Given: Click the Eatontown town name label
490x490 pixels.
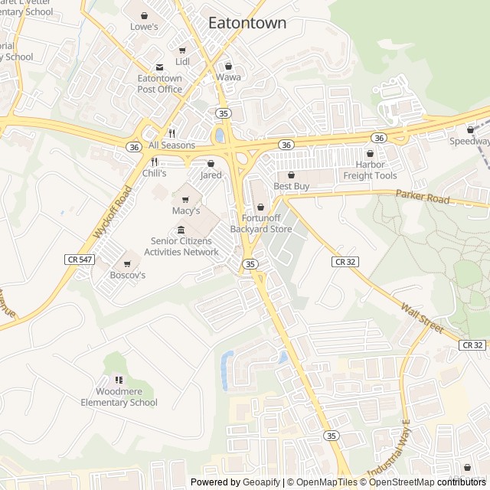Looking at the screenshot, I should [247, 23].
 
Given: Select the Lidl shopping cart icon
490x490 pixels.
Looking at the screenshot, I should [182, 50].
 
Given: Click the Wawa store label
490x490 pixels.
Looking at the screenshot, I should [228, 77].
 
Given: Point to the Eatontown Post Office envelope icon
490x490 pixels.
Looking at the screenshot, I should [159, 67].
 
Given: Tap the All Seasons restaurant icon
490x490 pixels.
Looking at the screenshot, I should [172, 133].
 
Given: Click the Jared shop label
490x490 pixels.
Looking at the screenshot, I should [211, 175].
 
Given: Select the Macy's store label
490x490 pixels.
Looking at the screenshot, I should [185, 211].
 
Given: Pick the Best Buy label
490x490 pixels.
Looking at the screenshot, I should [291, 186].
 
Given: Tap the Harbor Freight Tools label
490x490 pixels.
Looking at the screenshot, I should [370, 171].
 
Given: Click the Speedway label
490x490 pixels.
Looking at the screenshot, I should [469, 141].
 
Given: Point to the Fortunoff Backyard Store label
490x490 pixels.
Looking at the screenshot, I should [261, 224].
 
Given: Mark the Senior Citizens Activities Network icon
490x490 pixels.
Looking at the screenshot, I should [181, 230].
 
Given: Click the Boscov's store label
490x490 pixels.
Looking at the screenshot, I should [127, 275].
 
